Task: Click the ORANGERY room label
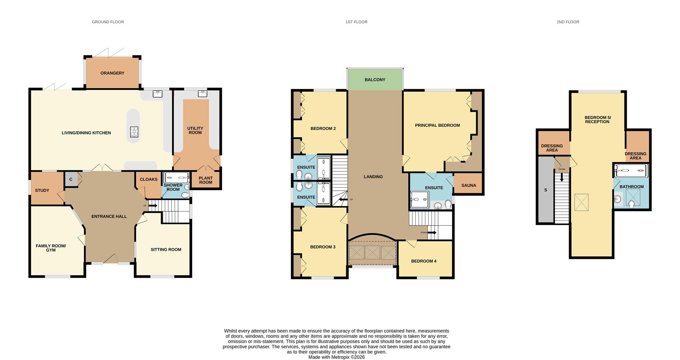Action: coord(112,73)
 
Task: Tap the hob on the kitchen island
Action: coord(134,132)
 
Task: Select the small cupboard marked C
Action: coord(71,179)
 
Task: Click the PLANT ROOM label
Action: coord(205,180)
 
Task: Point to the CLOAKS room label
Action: coord(148,179)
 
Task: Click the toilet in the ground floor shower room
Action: coord(185,195)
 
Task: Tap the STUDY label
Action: coord(42,190)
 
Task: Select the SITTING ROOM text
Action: coord(166,250)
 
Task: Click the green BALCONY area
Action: coord(375,80)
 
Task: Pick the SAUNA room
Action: coord(469,185)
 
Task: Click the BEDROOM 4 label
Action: coord(424,261)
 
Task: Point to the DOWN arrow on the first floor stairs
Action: coord(432,233)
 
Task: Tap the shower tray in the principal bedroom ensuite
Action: coord(419,199)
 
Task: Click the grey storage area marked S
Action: coord(545,190)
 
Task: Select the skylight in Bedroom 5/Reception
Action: coord(581,202)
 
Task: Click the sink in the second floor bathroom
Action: coord(618,199)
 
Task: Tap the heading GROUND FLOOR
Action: coord(108,22)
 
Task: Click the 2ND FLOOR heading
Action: coord(567,22)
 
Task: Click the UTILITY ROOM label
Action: coord(195,130)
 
